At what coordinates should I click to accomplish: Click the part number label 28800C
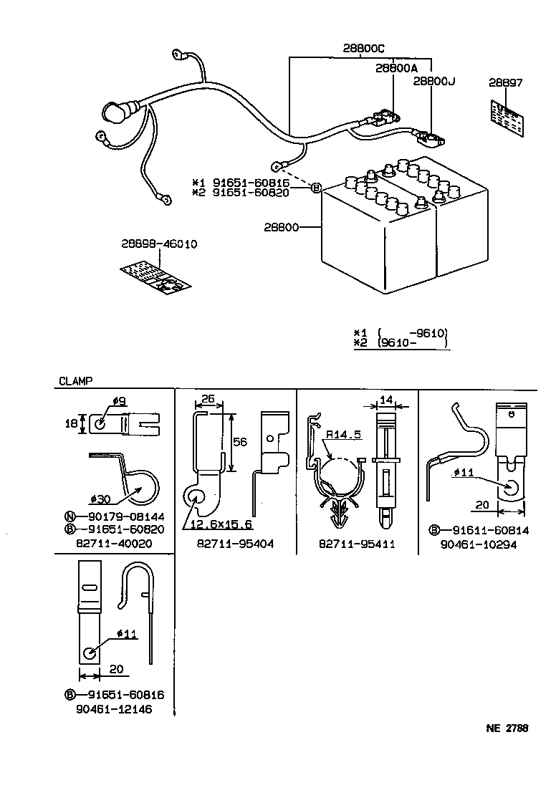[363, 48]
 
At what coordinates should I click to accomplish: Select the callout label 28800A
[396, 68]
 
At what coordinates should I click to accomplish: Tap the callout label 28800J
[434, 82]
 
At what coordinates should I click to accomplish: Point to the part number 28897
[506, 83]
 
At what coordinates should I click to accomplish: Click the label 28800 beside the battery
[281, 227]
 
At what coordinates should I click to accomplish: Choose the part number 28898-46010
[159, 244]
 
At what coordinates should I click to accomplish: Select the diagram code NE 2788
[507, 728]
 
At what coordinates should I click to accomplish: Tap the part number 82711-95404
[235, 544]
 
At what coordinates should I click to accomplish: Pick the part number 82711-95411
[357, 544]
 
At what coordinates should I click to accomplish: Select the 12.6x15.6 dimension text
[221, 525]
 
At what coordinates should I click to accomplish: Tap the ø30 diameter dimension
[101, 499]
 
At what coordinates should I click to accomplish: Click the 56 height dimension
[240, 443]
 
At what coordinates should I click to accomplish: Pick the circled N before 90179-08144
[70, 516]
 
